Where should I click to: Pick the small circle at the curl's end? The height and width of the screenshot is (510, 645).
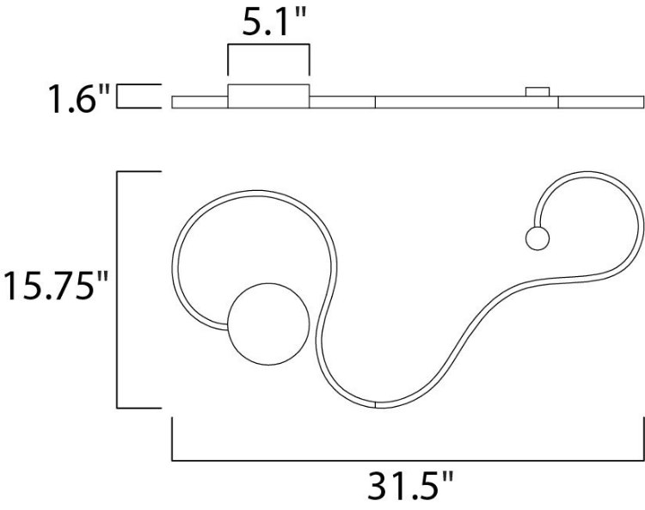point(537,239)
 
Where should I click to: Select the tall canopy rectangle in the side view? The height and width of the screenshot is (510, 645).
point(268,96)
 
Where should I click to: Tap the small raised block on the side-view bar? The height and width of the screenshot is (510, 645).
point(538,91)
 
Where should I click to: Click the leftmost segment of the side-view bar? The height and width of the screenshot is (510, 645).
point(200,102)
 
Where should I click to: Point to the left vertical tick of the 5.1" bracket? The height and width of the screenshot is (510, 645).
point(227,60)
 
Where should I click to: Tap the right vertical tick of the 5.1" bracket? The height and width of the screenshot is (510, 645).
point(309,60)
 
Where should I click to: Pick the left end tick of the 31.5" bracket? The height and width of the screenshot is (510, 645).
point(173,439)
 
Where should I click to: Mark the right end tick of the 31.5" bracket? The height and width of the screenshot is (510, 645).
point(642,439)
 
